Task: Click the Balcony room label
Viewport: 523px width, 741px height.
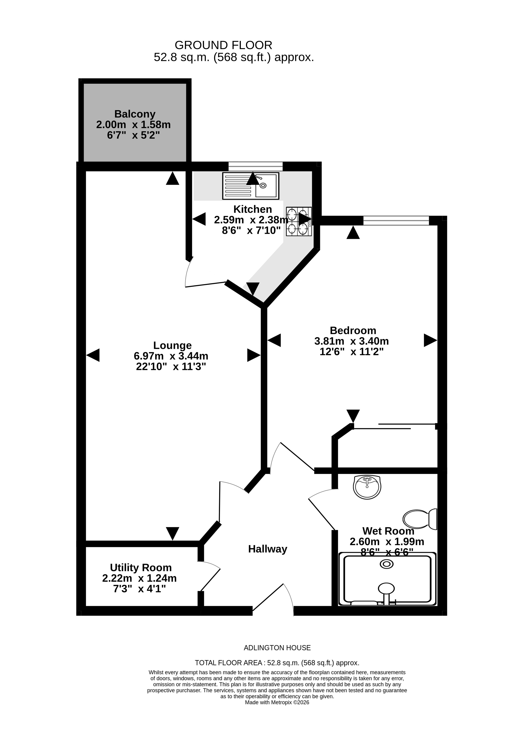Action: [x=135, y=114]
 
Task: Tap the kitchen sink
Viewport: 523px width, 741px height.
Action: [x=251, y=186]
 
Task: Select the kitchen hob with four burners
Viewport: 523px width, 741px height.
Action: [x=299, y=221]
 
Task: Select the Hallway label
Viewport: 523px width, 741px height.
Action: [x=267, y=549]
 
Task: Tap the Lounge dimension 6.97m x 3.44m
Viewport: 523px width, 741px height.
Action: [x=171, y=356]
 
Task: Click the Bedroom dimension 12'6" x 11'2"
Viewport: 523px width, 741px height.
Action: [x=351, y=352]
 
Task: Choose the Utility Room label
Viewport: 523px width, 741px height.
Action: [x=141, y=567]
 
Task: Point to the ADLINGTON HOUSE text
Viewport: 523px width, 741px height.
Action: [x=277, y=648]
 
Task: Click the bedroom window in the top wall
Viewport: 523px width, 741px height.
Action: [x=396, y=221]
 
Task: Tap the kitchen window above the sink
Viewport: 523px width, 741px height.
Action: [x=256, y=167]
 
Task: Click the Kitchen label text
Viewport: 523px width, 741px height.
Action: [x=253, y=209]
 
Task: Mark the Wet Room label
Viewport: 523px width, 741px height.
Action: [x=388, y=531]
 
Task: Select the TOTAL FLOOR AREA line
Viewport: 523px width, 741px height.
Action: [x=277, y=663]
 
